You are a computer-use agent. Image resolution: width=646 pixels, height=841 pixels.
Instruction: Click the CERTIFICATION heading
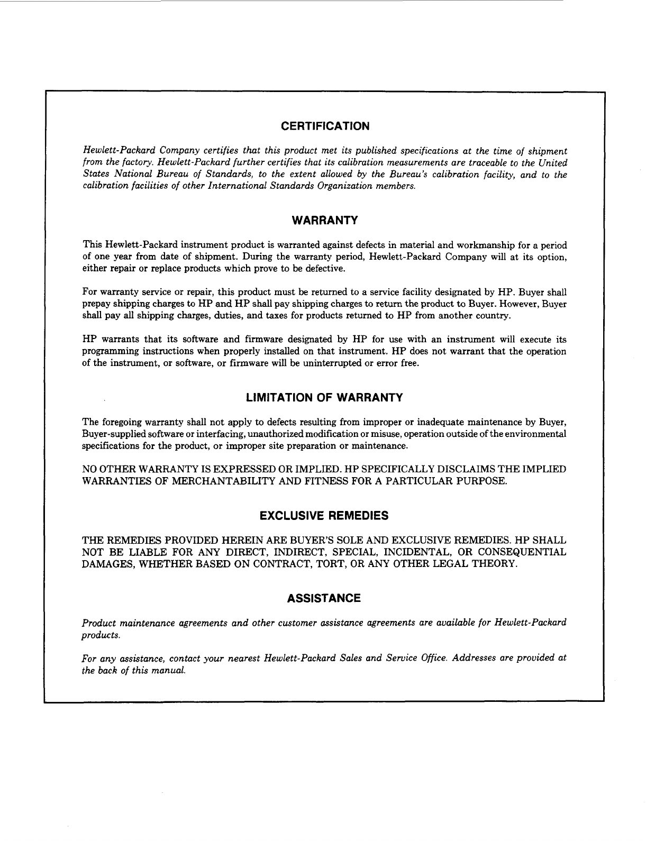325,126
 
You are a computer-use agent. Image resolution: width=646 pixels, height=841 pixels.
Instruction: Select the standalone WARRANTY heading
325,221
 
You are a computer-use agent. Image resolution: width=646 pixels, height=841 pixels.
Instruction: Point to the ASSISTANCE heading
324,599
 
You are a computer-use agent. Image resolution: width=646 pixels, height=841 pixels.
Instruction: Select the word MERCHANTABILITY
228,481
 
